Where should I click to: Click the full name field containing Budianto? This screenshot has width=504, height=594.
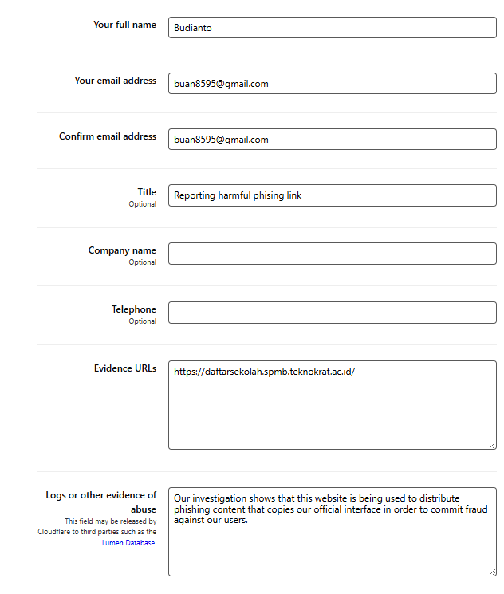(x=332, y=28)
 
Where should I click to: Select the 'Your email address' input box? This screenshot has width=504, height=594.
(x=332, y=84)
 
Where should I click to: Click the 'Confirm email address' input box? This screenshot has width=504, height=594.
(x=332, y=140)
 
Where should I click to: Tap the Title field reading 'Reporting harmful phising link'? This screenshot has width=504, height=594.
(x=332, y=195)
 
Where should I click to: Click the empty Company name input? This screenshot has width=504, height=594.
(x=332, y=254)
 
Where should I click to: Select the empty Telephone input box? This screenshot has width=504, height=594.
(x=332, y=313)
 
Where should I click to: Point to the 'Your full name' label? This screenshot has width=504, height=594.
(x=124, y=25)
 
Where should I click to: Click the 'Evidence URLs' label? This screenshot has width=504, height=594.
(x=124, y=368)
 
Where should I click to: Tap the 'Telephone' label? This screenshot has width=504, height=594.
(x=133, y=309)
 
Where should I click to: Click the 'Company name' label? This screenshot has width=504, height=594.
(x=122, y=250)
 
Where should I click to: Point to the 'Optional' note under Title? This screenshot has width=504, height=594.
(x=143, y=204)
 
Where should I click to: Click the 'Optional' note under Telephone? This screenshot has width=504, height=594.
(x=143, y=321)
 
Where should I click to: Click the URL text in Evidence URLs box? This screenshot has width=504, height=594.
(x=264, y=372)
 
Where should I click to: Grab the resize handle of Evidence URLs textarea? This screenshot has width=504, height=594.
(x=492, y=445)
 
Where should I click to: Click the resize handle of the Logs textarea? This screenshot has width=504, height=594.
(x=492, y=572)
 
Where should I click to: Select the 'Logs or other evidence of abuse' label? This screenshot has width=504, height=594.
(x=101, y=501)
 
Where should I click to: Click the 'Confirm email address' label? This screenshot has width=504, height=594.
(x=108, y=136)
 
